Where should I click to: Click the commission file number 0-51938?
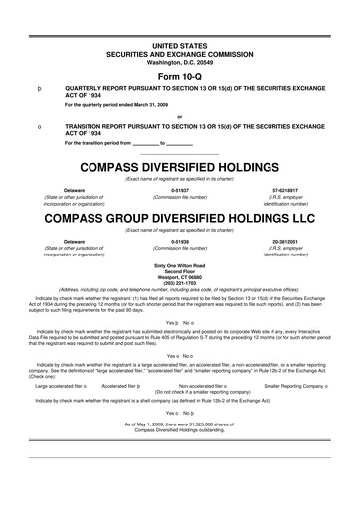(180, 241)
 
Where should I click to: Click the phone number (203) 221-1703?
(180, 284)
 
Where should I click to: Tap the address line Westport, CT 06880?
(180, 278)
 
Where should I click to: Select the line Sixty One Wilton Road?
(180, 266)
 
